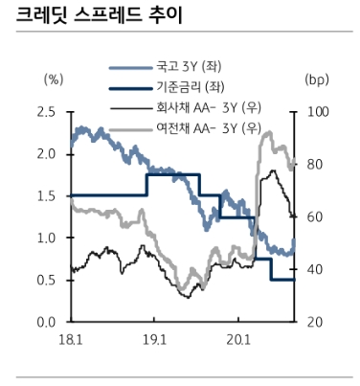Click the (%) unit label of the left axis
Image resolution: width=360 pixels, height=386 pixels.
[x=55, y=79]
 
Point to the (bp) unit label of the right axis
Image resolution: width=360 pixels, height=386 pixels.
[x=317, y=79]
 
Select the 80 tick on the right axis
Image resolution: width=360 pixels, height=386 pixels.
[x=314, y=164]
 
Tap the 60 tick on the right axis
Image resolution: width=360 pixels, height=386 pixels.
[x=314, y=216]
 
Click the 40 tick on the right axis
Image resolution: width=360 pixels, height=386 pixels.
[x=314, y=269]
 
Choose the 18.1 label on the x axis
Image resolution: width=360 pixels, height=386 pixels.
[x=71, y=339]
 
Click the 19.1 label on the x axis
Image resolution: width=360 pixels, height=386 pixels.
[x=155, y=339]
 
